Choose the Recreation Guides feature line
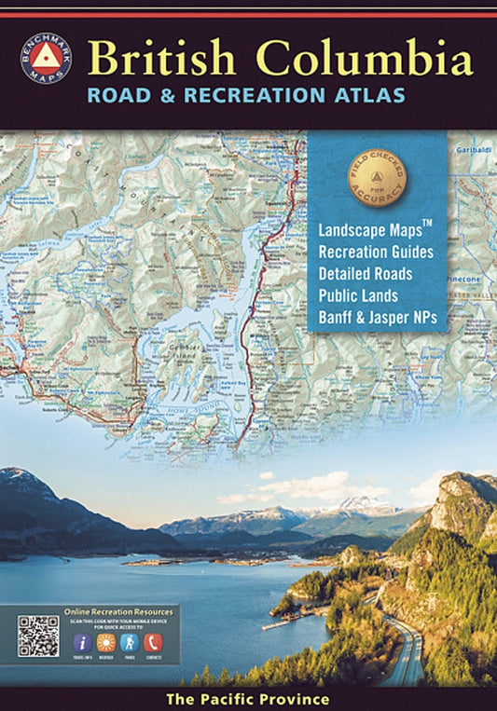pos(376,252)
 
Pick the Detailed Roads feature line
pos(365,274)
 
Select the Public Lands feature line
pos(358,296)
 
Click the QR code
pos(37,636)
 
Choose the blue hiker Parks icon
pos(130,643)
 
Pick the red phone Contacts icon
pos(154,643)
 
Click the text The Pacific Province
pos(248,699)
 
